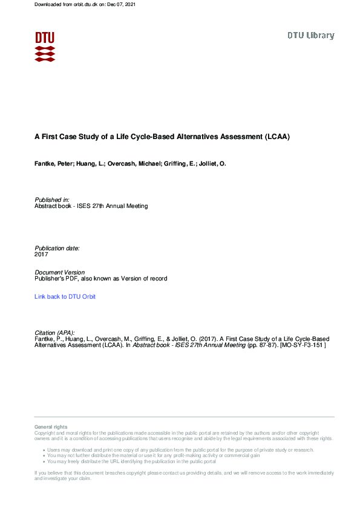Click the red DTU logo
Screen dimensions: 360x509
[x=45, y=46]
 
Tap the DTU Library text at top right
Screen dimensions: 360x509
[x=310, y=36]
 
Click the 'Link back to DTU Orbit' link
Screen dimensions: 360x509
[x=65, y=297]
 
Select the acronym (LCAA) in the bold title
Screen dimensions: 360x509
[x=277, y=137]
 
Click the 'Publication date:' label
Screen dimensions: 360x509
[x=57, y=248]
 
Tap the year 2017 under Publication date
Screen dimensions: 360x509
[x=41, y=254]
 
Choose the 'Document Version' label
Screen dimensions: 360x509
[x=60, y=273]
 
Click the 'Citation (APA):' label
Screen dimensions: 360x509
[x=56, y=332]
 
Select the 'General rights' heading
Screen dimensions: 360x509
[x=51, y=427]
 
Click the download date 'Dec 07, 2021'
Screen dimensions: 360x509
[x=121, y=5]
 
